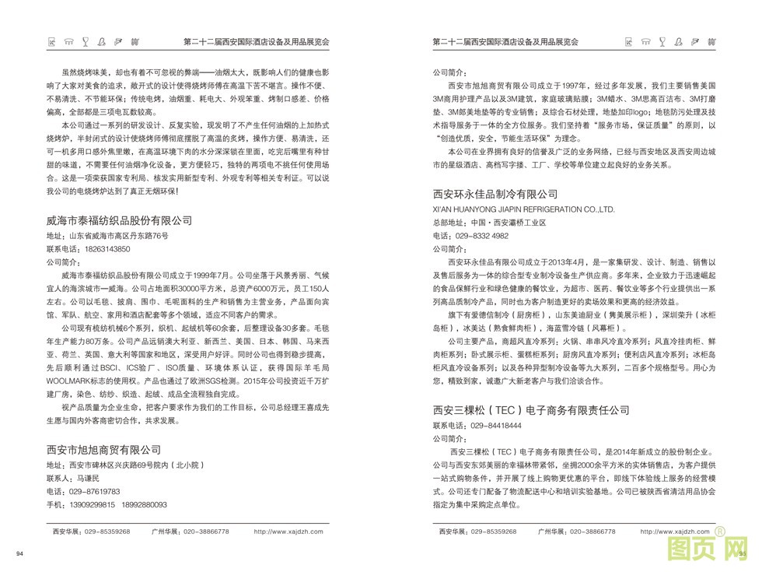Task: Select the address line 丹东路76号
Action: point(145,235)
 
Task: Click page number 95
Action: point(742,553)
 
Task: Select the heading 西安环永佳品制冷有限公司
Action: point(500,194)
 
